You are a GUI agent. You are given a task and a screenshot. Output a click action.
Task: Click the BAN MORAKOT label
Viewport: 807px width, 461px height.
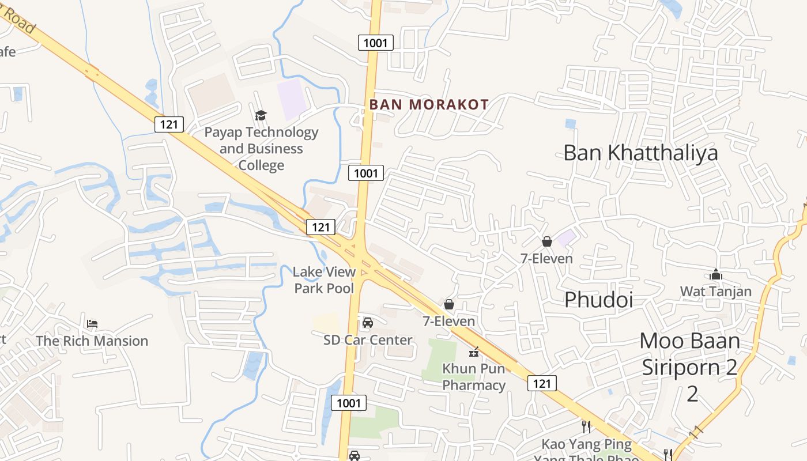tap(429, 105)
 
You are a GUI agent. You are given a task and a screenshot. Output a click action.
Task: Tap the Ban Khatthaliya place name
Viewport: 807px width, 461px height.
tap(640, 153)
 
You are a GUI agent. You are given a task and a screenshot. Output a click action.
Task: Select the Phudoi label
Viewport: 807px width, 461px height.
tap(598, 300)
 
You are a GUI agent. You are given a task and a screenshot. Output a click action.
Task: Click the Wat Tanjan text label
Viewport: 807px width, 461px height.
tap(716, 292)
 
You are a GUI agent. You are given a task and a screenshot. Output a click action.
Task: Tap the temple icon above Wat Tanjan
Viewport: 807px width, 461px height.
tap(716, 275)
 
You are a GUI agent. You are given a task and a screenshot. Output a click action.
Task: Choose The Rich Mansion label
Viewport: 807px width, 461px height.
tap(92, 341)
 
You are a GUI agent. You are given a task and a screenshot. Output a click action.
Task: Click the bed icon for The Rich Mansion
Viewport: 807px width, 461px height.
tap(92, 324)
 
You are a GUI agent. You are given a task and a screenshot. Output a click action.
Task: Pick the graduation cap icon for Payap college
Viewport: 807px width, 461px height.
tap(261, 115)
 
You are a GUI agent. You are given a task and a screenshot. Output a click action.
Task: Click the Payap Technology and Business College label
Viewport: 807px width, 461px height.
tap(261, 149)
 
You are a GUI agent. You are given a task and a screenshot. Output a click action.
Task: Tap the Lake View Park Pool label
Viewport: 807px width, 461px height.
tap(324, 279)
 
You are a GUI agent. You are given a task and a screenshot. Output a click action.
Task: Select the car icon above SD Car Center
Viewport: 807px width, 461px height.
tap(368, 323)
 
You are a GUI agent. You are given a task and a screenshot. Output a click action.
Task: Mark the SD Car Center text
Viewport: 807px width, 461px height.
tap(368, 340)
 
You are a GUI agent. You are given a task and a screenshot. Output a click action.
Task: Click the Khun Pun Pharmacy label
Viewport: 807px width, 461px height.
tap(474, 377)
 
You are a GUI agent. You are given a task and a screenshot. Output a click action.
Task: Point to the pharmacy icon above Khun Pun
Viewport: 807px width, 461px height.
tap(474, 352)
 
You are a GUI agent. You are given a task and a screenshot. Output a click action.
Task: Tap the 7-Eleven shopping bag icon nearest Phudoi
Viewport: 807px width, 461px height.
tap(546, 241)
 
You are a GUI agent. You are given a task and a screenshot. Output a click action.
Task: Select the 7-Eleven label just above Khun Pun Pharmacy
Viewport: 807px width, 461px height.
tap(449, 322)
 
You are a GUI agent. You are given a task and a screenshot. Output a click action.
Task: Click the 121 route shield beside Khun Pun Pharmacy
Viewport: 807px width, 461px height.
tap(542, 383)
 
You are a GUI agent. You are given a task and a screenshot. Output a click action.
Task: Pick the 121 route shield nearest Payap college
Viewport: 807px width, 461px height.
tap(169, 124)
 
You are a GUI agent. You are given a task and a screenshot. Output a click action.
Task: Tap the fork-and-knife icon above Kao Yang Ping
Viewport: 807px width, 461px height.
tap(586, 427)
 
